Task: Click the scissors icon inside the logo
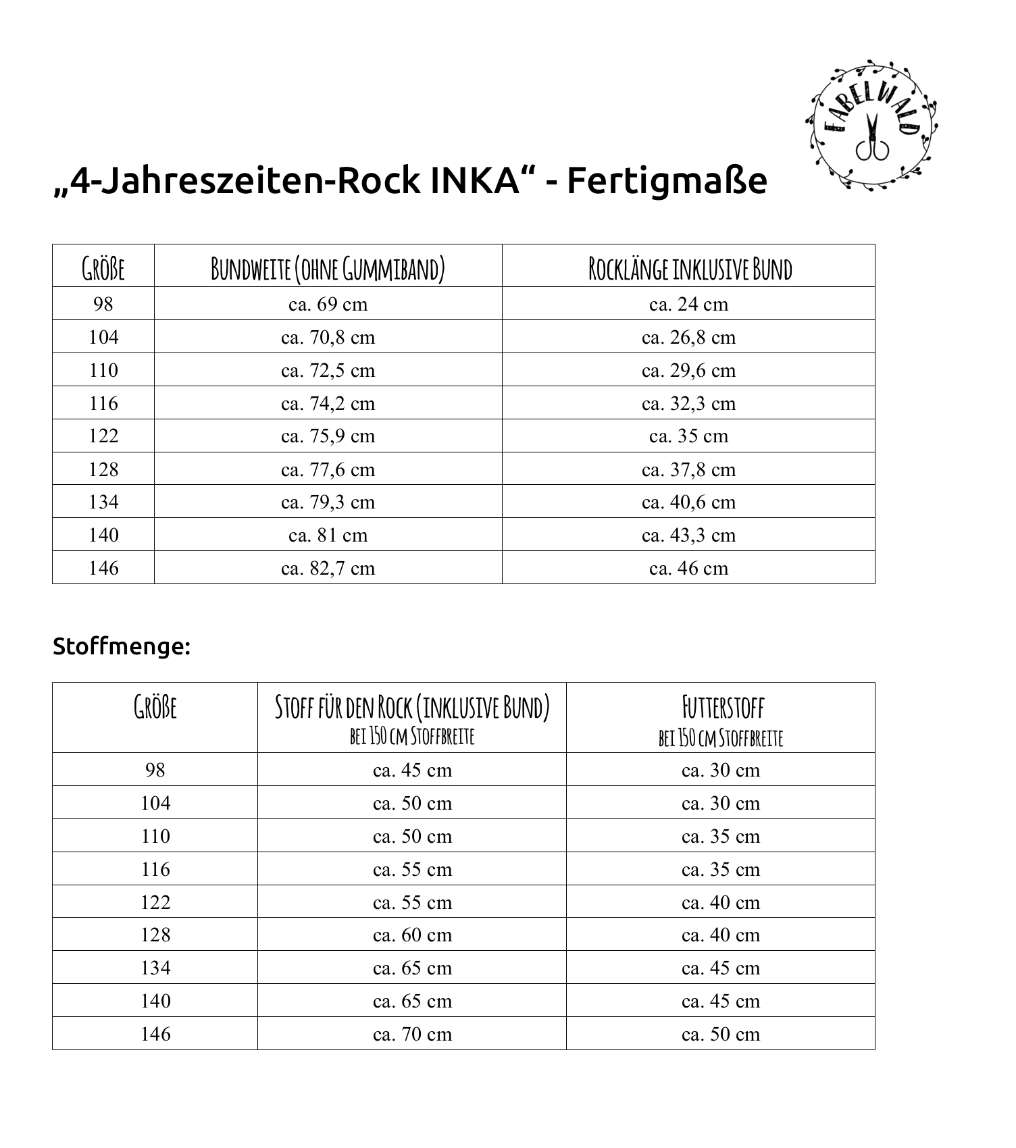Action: click(x=871, y=138)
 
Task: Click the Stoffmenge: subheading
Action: click(x=122, y=647)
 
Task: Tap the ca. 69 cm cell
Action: click(x=328, y=305)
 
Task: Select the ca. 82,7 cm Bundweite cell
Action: click(x=328, y=569)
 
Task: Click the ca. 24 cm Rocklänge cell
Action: click(x=688, y=305)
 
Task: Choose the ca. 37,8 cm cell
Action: click(x=688, y=470)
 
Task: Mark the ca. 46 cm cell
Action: click(x=688, y=569)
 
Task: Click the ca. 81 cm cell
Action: click(x=328, y=536)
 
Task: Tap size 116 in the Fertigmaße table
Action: click(x=103, y=404)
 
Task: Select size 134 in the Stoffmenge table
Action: click(x=155, y=968)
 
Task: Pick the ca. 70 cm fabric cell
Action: click(x=412, y=1035)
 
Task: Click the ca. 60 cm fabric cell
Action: click(x=412, y=935)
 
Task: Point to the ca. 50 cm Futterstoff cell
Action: click(x=721, y=1035)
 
